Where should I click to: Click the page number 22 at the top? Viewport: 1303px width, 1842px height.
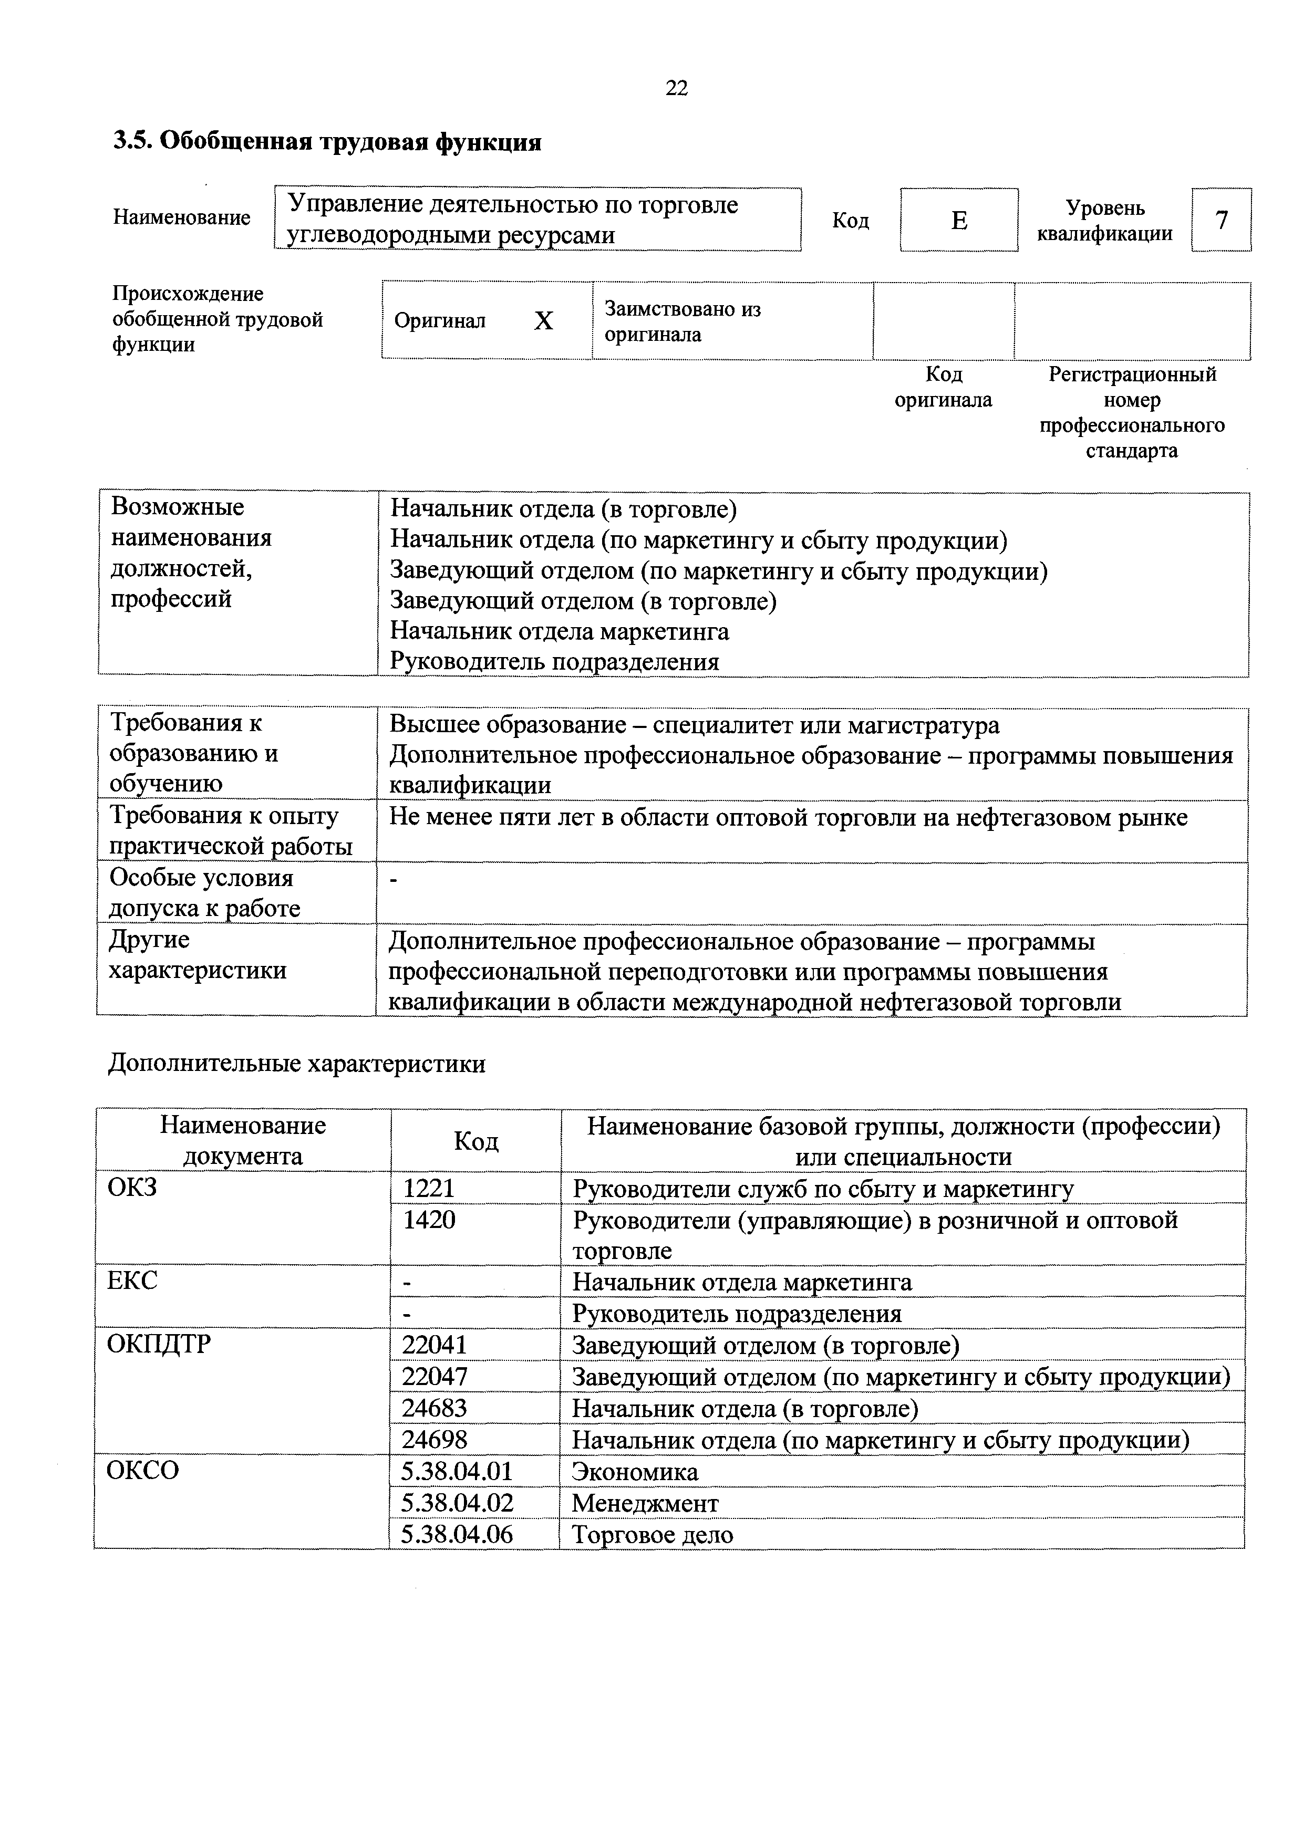676,88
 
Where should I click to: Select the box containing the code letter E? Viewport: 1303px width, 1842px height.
959,220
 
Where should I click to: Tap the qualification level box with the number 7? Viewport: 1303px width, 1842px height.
1221,220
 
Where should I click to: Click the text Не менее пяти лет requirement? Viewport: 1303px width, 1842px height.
788,817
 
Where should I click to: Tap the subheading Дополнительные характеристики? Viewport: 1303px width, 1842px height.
297,1064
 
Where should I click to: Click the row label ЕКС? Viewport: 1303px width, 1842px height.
132,1281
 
